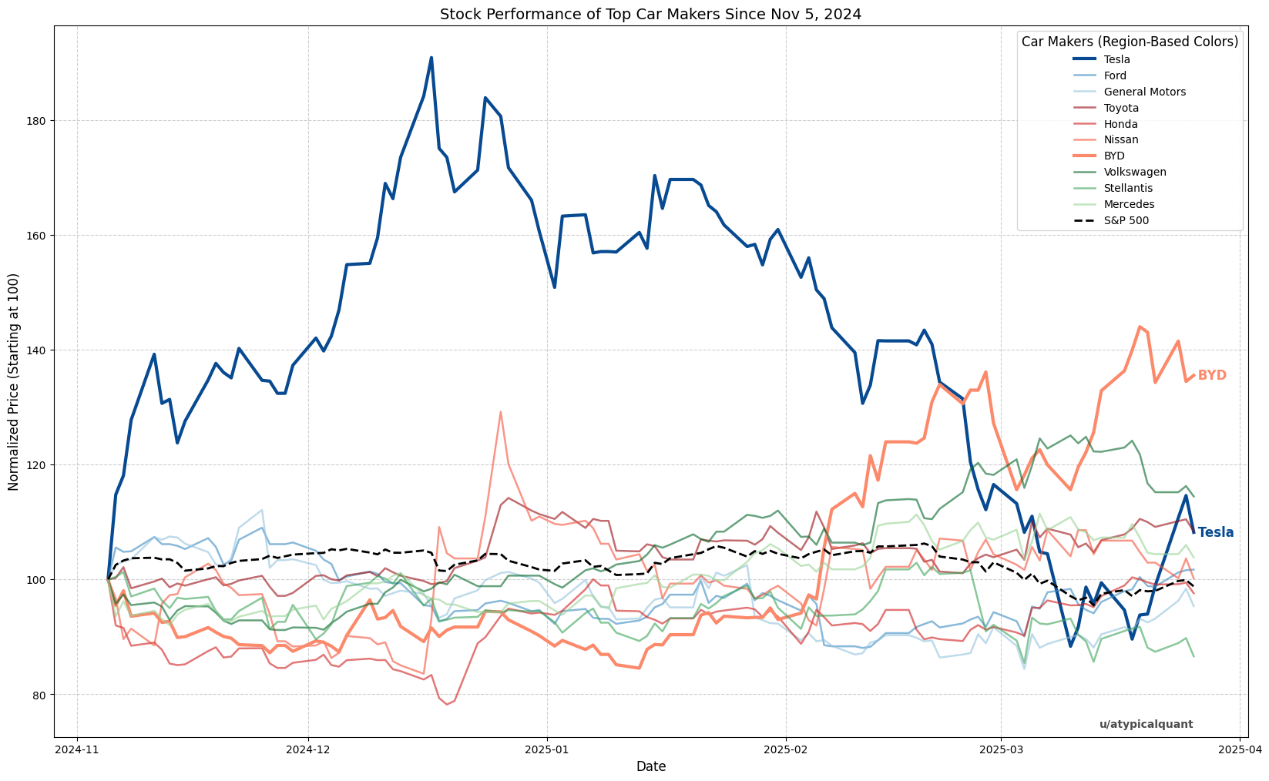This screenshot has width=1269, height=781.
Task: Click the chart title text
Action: click(x=650, y=14)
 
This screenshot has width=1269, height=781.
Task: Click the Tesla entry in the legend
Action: click(x=1116, y=59)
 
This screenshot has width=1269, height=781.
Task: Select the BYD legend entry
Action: click(x=1115, y=156)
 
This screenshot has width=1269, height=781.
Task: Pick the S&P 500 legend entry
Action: click(x=1126, y=220)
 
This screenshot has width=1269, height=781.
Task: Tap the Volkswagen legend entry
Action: click(x=1133, y=172)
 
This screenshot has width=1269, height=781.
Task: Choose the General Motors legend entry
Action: click(x=1144, y=92)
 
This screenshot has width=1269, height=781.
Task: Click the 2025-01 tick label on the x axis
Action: click(x=546, y=748)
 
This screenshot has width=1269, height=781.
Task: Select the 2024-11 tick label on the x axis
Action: click(x=77, y=748)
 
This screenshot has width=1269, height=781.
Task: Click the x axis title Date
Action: click(x=650, y=766)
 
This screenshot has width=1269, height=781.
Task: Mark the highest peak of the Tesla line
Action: click(x=431, y=58)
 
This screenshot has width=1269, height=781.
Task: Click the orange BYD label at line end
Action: click(x=1211, y=375)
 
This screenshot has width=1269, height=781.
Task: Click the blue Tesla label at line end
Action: click(x=1215, y=532)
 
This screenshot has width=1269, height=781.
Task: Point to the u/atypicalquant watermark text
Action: click(x=1146, y=724)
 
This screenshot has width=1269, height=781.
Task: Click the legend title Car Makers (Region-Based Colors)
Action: click(x=1130, y=42)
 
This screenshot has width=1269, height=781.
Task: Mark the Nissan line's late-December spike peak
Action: click(x=501, y=412)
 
